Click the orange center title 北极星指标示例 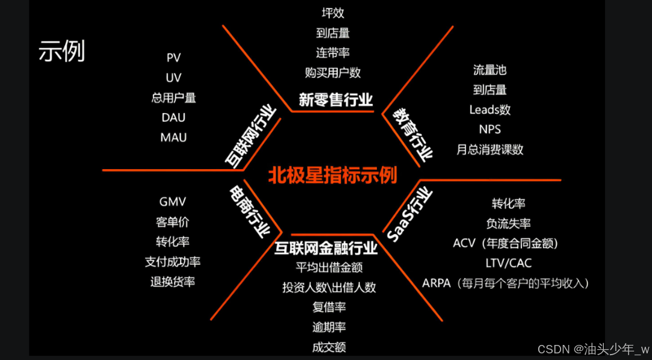333,175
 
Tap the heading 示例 61,52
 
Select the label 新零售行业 336,100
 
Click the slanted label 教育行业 413,134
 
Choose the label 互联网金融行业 326,248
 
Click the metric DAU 173,117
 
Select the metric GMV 173,202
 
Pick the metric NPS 489,129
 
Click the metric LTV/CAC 508,263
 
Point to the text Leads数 489,110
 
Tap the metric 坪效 333,13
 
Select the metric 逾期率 329,327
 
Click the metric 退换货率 173,282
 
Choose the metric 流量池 489,70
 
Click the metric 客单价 173,222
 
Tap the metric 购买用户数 333,73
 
